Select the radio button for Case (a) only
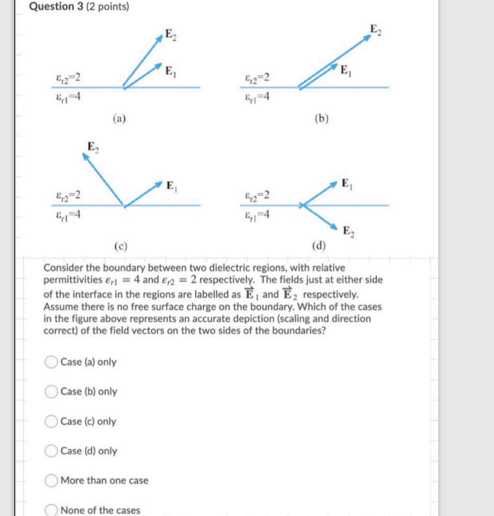[52, 362]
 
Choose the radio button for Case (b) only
[52, 392]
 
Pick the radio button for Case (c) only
[52, 421]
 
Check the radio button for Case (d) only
[52, 451]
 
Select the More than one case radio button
[52, 480]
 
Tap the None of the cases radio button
[52, 510]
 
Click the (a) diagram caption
[120, 118]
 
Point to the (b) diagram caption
[321, 118]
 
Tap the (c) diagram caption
[120, 246]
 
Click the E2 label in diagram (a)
[169, 34]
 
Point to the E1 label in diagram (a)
[170, 70]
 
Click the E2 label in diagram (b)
[375, 29]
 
